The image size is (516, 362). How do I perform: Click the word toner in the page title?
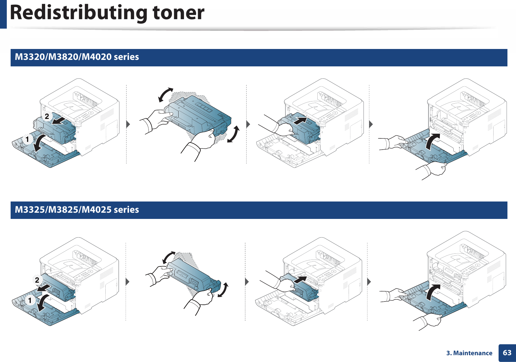click(178, 13)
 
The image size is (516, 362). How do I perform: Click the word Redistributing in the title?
click(78, 13)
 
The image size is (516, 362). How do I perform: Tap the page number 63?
click(507, 353)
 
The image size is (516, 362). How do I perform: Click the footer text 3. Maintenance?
click(469, 353)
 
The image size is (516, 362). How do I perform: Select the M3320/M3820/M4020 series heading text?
click(77, 57)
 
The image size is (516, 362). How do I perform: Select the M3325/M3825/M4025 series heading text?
click(77, 209)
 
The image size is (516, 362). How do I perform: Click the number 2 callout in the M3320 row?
click(47, 117)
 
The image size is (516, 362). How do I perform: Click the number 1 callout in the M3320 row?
click(27, 139)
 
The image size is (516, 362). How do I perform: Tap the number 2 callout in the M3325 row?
click(37, 280)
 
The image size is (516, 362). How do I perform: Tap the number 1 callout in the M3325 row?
click(30, 300)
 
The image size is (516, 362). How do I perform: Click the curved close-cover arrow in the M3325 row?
click(433, 292)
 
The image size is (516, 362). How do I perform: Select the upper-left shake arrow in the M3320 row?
click(166, 95)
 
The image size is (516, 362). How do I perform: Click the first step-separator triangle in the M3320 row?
click(128, 124)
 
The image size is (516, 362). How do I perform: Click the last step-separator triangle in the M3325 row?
click(369, 282)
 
